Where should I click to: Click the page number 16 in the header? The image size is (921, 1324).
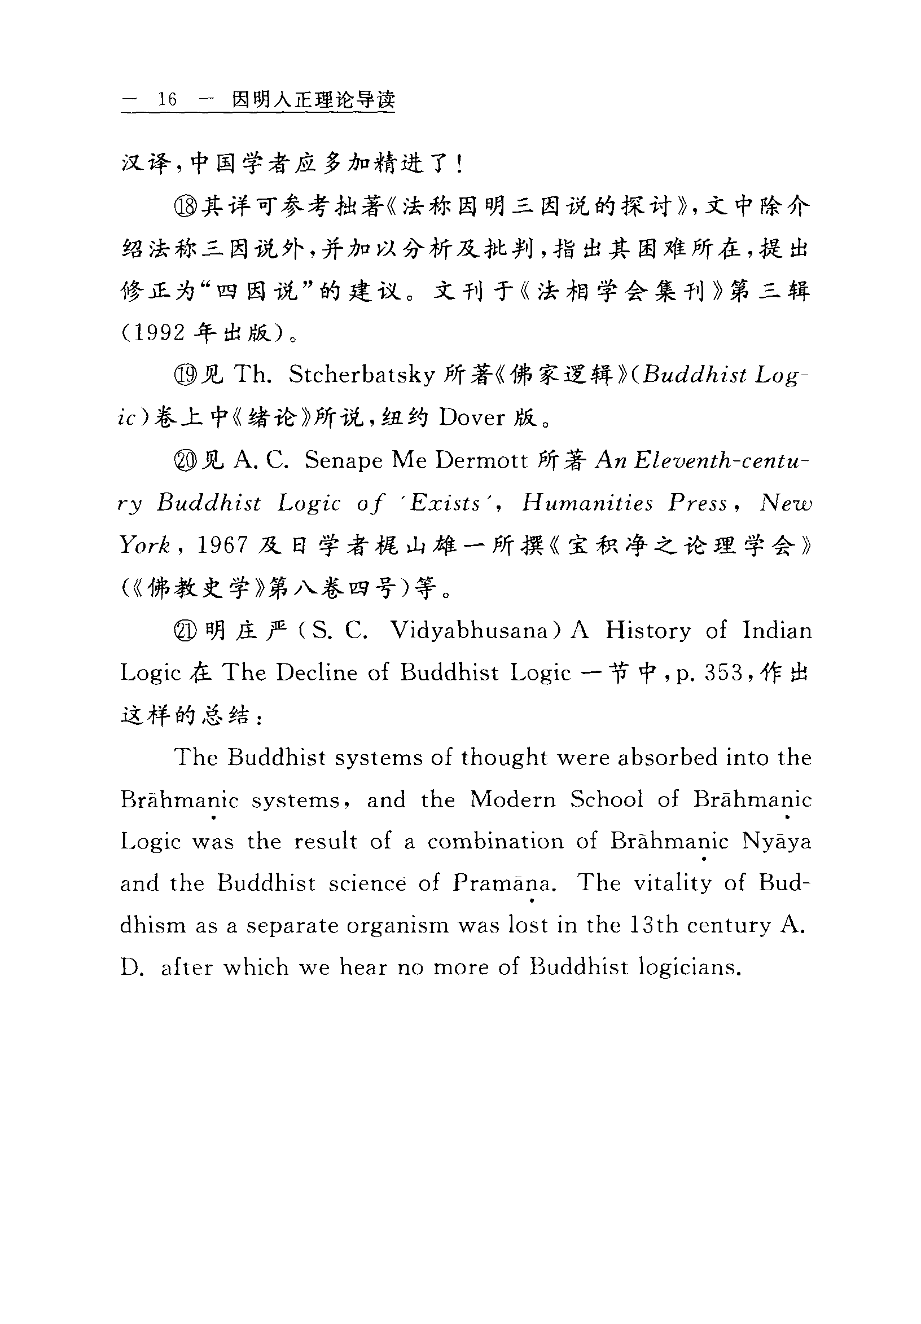pos(167,99)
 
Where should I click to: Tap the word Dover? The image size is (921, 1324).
pos(471,417)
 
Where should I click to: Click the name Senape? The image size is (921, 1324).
pos(343,460)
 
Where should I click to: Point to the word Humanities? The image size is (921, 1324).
pos(587,503)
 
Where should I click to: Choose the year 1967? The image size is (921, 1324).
pos(222,546)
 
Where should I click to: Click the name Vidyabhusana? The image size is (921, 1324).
pos(468,630)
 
